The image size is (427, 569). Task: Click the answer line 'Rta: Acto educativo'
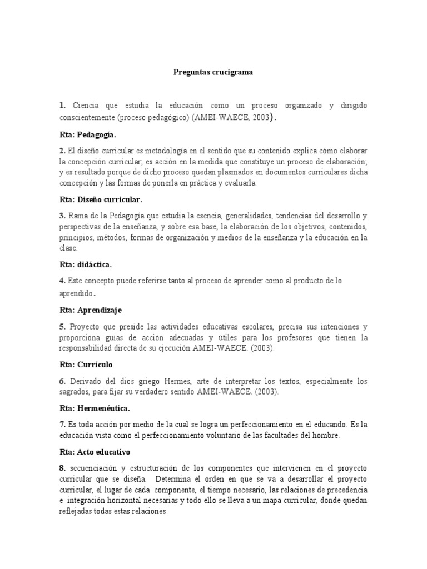pyautogui.click(x=95, y=452)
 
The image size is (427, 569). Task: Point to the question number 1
pyautogui.click(x=62, y=105)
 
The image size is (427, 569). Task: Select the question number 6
pyautogui.click(x=62, y=381)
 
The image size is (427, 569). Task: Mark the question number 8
pyautogui.click(x=62, y=468)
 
